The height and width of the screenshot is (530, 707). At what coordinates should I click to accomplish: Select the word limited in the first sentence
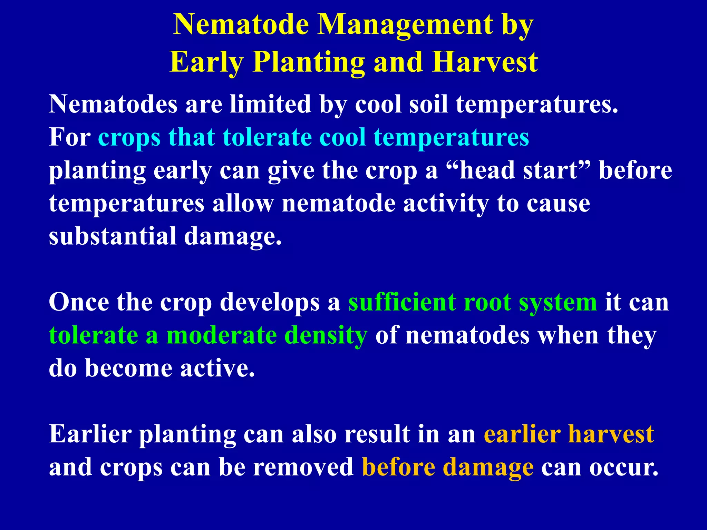tap(270, 104)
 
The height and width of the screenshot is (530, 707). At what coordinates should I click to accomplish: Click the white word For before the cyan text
tap(69, 137)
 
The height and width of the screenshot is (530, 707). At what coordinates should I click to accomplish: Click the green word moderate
tap(221, 335)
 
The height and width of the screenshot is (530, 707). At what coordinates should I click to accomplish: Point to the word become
tap(128, 369)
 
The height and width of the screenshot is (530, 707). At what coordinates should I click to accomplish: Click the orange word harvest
tap(611, 434)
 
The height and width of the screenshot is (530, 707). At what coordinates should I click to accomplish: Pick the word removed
tap(303, 467)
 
